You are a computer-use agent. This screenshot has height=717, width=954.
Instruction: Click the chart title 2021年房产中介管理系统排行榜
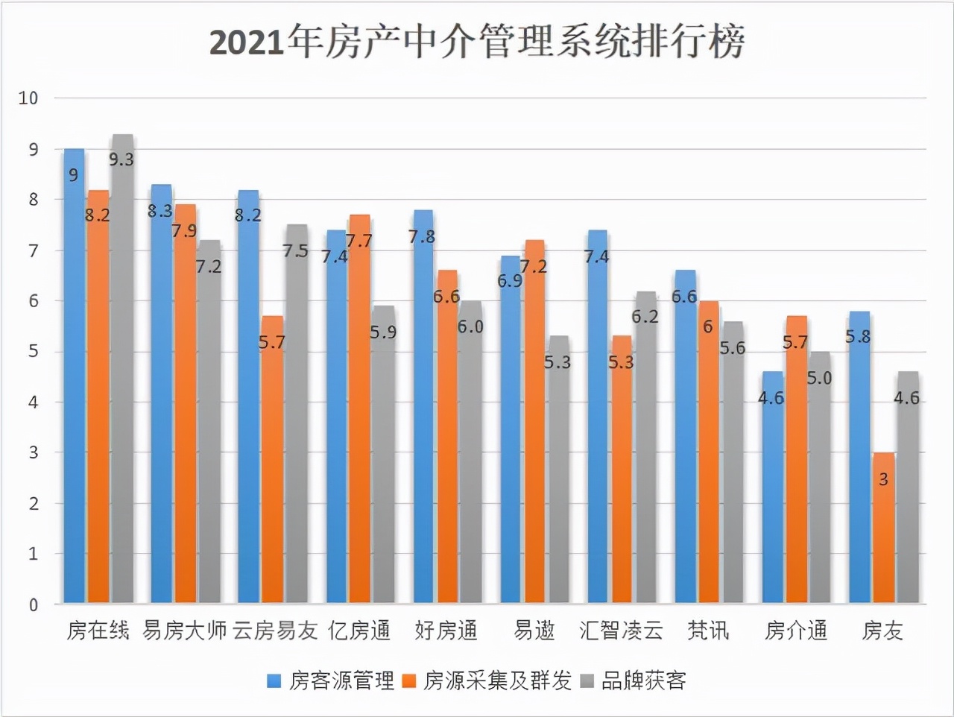click(477, 42)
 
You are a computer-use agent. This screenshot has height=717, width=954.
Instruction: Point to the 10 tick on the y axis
click(28, 98)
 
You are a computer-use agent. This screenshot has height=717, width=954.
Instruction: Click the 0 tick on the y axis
click(33, 605)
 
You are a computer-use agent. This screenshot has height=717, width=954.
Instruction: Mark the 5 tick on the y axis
click(33, 352)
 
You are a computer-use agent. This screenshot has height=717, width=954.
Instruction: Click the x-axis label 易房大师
click(184, 631)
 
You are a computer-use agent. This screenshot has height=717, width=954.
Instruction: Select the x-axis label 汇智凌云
click(621, 631)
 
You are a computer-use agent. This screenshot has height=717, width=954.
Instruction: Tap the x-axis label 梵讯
click(708, 631)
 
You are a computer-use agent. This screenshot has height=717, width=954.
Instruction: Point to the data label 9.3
click(121, 159)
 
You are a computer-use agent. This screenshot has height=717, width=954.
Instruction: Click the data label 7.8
click(422, 237)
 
